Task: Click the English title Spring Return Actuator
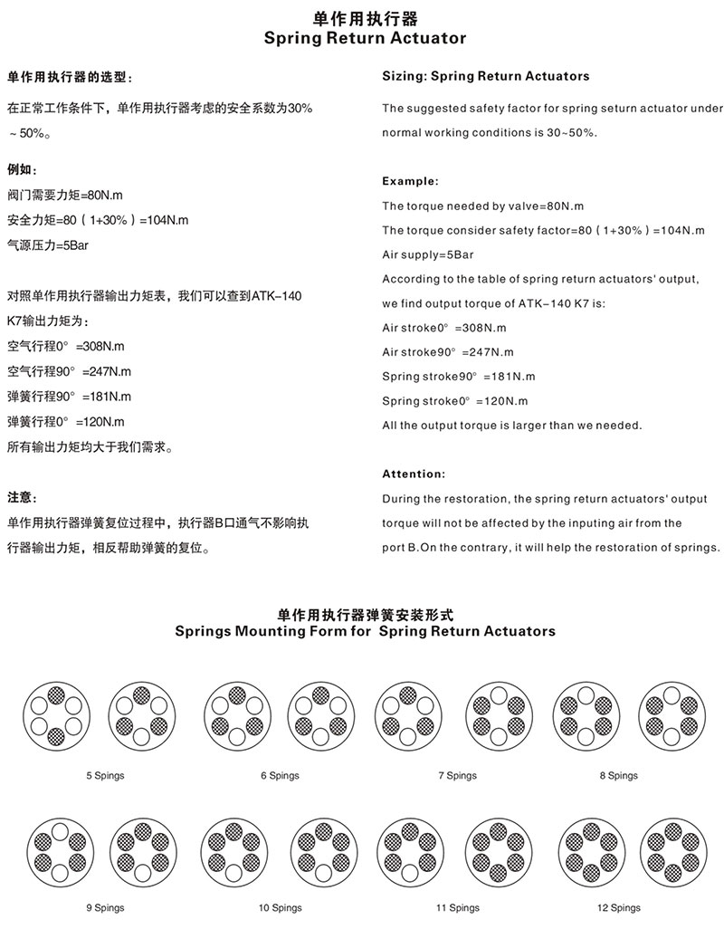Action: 365,38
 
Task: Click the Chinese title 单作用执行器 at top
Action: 365,18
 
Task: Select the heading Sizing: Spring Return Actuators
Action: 485,76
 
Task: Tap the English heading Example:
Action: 410,181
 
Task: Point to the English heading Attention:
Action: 414,474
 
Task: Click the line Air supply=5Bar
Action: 428,254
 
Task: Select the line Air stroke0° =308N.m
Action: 444,328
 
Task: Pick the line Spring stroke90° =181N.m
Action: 459,376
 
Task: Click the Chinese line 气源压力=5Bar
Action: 47,244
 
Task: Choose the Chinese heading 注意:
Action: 22,497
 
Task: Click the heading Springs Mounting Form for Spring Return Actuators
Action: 365,630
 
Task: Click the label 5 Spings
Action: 105,775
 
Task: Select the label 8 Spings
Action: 618,775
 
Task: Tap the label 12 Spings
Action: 619,907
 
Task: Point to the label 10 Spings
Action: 280,907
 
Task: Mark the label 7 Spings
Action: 457,775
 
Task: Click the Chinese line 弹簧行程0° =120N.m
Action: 66,421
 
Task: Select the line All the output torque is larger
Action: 511,425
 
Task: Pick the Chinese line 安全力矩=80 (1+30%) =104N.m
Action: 98,220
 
